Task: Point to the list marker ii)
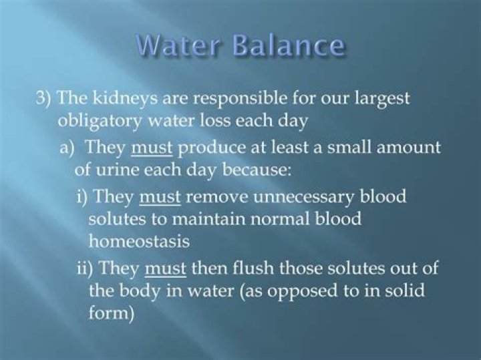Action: (x=86, y=268)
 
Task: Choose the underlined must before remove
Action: (x=160, y=198)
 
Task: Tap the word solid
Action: (x=383, y=291)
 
